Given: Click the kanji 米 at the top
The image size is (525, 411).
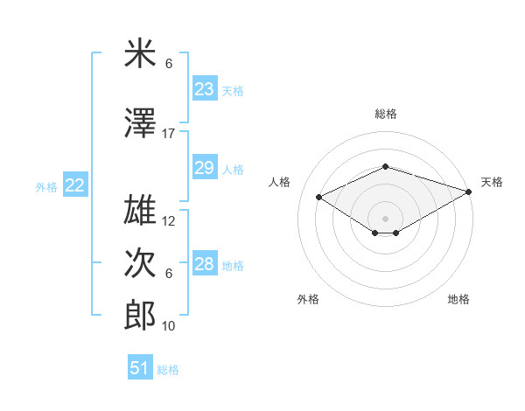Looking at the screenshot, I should click(x=140, y=54).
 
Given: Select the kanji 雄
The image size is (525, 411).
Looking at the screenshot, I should click(x=140, y=211).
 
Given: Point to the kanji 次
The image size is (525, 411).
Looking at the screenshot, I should click(x=140, y=263).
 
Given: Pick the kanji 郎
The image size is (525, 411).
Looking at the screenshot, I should click(x=140, y=315).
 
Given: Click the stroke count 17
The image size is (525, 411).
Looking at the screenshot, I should click(x=169, y=134).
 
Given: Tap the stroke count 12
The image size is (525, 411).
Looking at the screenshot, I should click(x=169, y=221).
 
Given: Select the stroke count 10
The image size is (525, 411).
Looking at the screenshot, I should click(x=169, y=326).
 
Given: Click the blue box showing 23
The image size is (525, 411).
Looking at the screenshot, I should click(x=204, y=89).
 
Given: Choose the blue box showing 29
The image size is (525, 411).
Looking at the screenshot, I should click(x=204, y=168).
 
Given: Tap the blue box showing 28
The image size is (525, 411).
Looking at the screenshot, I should click(x=204, y=264).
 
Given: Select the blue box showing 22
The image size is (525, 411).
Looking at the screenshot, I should click(x=75, y=185).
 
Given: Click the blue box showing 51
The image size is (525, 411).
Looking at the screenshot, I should click(x=140, y=368).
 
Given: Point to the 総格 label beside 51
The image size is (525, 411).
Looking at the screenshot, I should click(x=168, y=370).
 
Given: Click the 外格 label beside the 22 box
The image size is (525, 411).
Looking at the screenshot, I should click(x=46, y=186).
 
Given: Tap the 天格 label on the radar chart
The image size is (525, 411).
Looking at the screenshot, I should click(x=492, y=182).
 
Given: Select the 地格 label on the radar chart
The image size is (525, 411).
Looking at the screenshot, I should click(x=458, y=299).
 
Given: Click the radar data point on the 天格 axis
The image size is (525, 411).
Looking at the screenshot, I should click(x=470, y=192).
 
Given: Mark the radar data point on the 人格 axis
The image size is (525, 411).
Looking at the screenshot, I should click(x=318, y=196).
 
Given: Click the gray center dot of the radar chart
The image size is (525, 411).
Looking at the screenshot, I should click(x=385, y=217).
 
